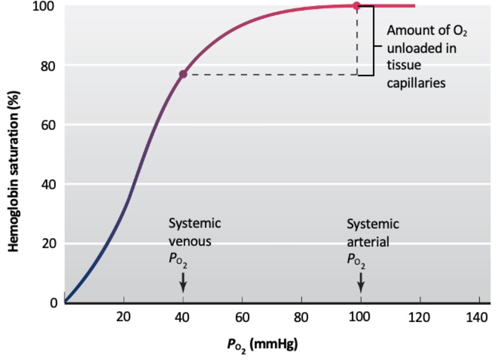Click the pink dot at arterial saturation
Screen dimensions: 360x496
[x=356, y=6]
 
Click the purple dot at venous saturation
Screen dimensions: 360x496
[x=183, y=74]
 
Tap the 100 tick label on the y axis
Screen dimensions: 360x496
[x=43, y=6]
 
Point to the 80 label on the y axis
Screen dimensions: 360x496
[x=48, y=66]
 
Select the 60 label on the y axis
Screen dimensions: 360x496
[x=48, y=125]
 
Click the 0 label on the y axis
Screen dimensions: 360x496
[x=54, y=302]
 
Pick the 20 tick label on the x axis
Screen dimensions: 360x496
[x=123, y=317]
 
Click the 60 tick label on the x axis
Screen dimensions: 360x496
[x=242, y=317]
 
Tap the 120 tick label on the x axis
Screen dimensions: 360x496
[x=419, y=317]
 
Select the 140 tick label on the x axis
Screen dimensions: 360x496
[x=477, y=317]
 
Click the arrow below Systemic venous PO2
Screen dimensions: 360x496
[x=183, y=282]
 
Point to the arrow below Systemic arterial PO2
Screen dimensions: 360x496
[x=361, y=282]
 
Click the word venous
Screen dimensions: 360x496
[x=190, y=241]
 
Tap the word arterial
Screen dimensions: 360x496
[x=368, y=242]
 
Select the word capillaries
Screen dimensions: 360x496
[x=416, y=83]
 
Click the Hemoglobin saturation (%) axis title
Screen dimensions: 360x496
[x=14, y=171]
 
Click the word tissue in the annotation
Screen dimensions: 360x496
[x=404, y=65]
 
